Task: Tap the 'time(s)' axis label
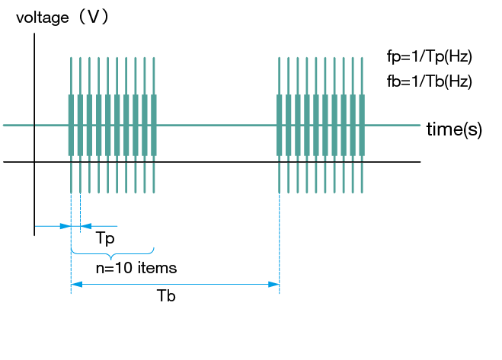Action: [x=454, y=129]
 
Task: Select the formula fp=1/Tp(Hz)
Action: [x=430, y=56]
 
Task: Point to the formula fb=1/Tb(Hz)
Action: [x=430, y=81]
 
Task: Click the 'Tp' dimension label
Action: [x=105, y=239]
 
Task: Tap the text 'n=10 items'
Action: [x=136, y=268]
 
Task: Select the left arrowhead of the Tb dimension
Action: [x=75, y=285]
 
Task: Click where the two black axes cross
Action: [x=34, y=162]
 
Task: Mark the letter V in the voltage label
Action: [x=94, y=18]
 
